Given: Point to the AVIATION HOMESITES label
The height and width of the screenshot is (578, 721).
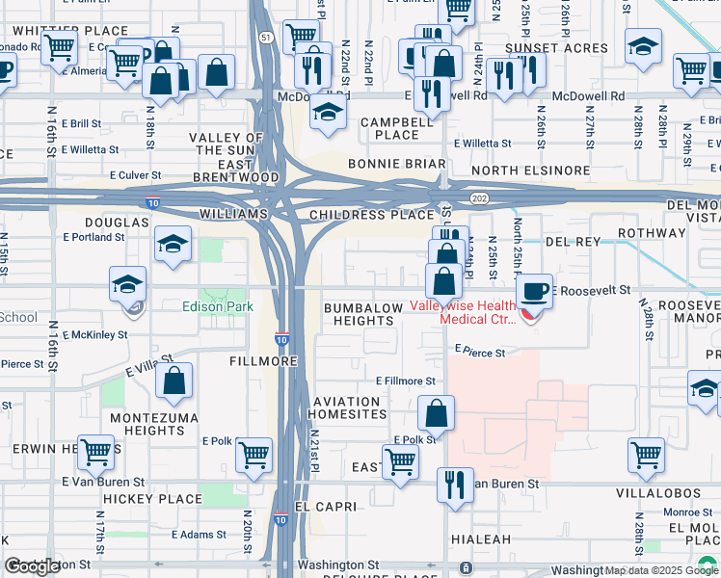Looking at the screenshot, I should (x=347, y=407).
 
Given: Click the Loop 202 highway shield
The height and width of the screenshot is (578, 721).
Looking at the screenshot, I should (x=479, y=197).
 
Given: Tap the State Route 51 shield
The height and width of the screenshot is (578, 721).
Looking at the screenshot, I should (x=266, y=38).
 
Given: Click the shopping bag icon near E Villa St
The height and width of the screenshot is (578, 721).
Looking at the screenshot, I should (x=174, y=382).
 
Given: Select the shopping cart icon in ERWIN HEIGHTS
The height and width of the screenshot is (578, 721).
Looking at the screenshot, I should (x=95, y=450).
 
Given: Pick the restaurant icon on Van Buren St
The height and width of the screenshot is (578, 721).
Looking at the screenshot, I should (x=455, y=485).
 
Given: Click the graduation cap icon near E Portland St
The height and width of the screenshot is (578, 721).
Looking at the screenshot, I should (x=173, y=245).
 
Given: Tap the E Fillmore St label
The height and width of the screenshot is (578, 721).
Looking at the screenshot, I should (x=406, y=381).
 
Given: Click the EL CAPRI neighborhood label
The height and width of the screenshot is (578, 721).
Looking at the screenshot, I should (x=326, y=506).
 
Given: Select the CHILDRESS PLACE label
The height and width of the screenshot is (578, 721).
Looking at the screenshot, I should (x=371, y=215).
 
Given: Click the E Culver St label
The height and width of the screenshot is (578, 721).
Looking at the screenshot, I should (x=141, y=175).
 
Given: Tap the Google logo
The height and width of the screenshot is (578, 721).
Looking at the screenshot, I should (x=33, y=567).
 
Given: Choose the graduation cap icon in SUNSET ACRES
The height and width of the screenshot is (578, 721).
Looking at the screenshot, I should (x=642, y=46).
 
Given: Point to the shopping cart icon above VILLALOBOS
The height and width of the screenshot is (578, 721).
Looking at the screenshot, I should (x=646, y=455).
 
